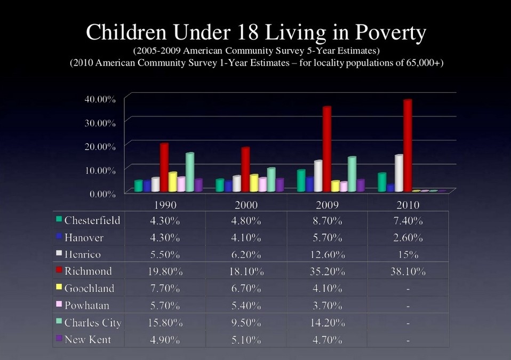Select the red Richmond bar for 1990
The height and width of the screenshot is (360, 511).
pos(164,167)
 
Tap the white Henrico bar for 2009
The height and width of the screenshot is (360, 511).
pos(318,176)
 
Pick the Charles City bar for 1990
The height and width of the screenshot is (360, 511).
pos(189,172)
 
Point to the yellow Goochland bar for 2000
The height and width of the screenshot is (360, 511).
pos(254,183)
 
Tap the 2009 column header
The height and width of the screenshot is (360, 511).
pos(326,205)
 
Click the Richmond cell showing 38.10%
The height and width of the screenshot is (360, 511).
pos(408,271)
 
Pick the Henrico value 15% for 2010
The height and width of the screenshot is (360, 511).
pos(408,254)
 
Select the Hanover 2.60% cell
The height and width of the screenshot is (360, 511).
pos(408,237)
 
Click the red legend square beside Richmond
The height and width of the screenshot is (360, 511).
pos(59,270)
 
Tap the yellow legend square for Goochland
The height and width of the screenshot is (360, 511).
pos(59,287)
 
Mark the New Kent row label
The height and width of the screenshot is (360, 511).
pos(87,340)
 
